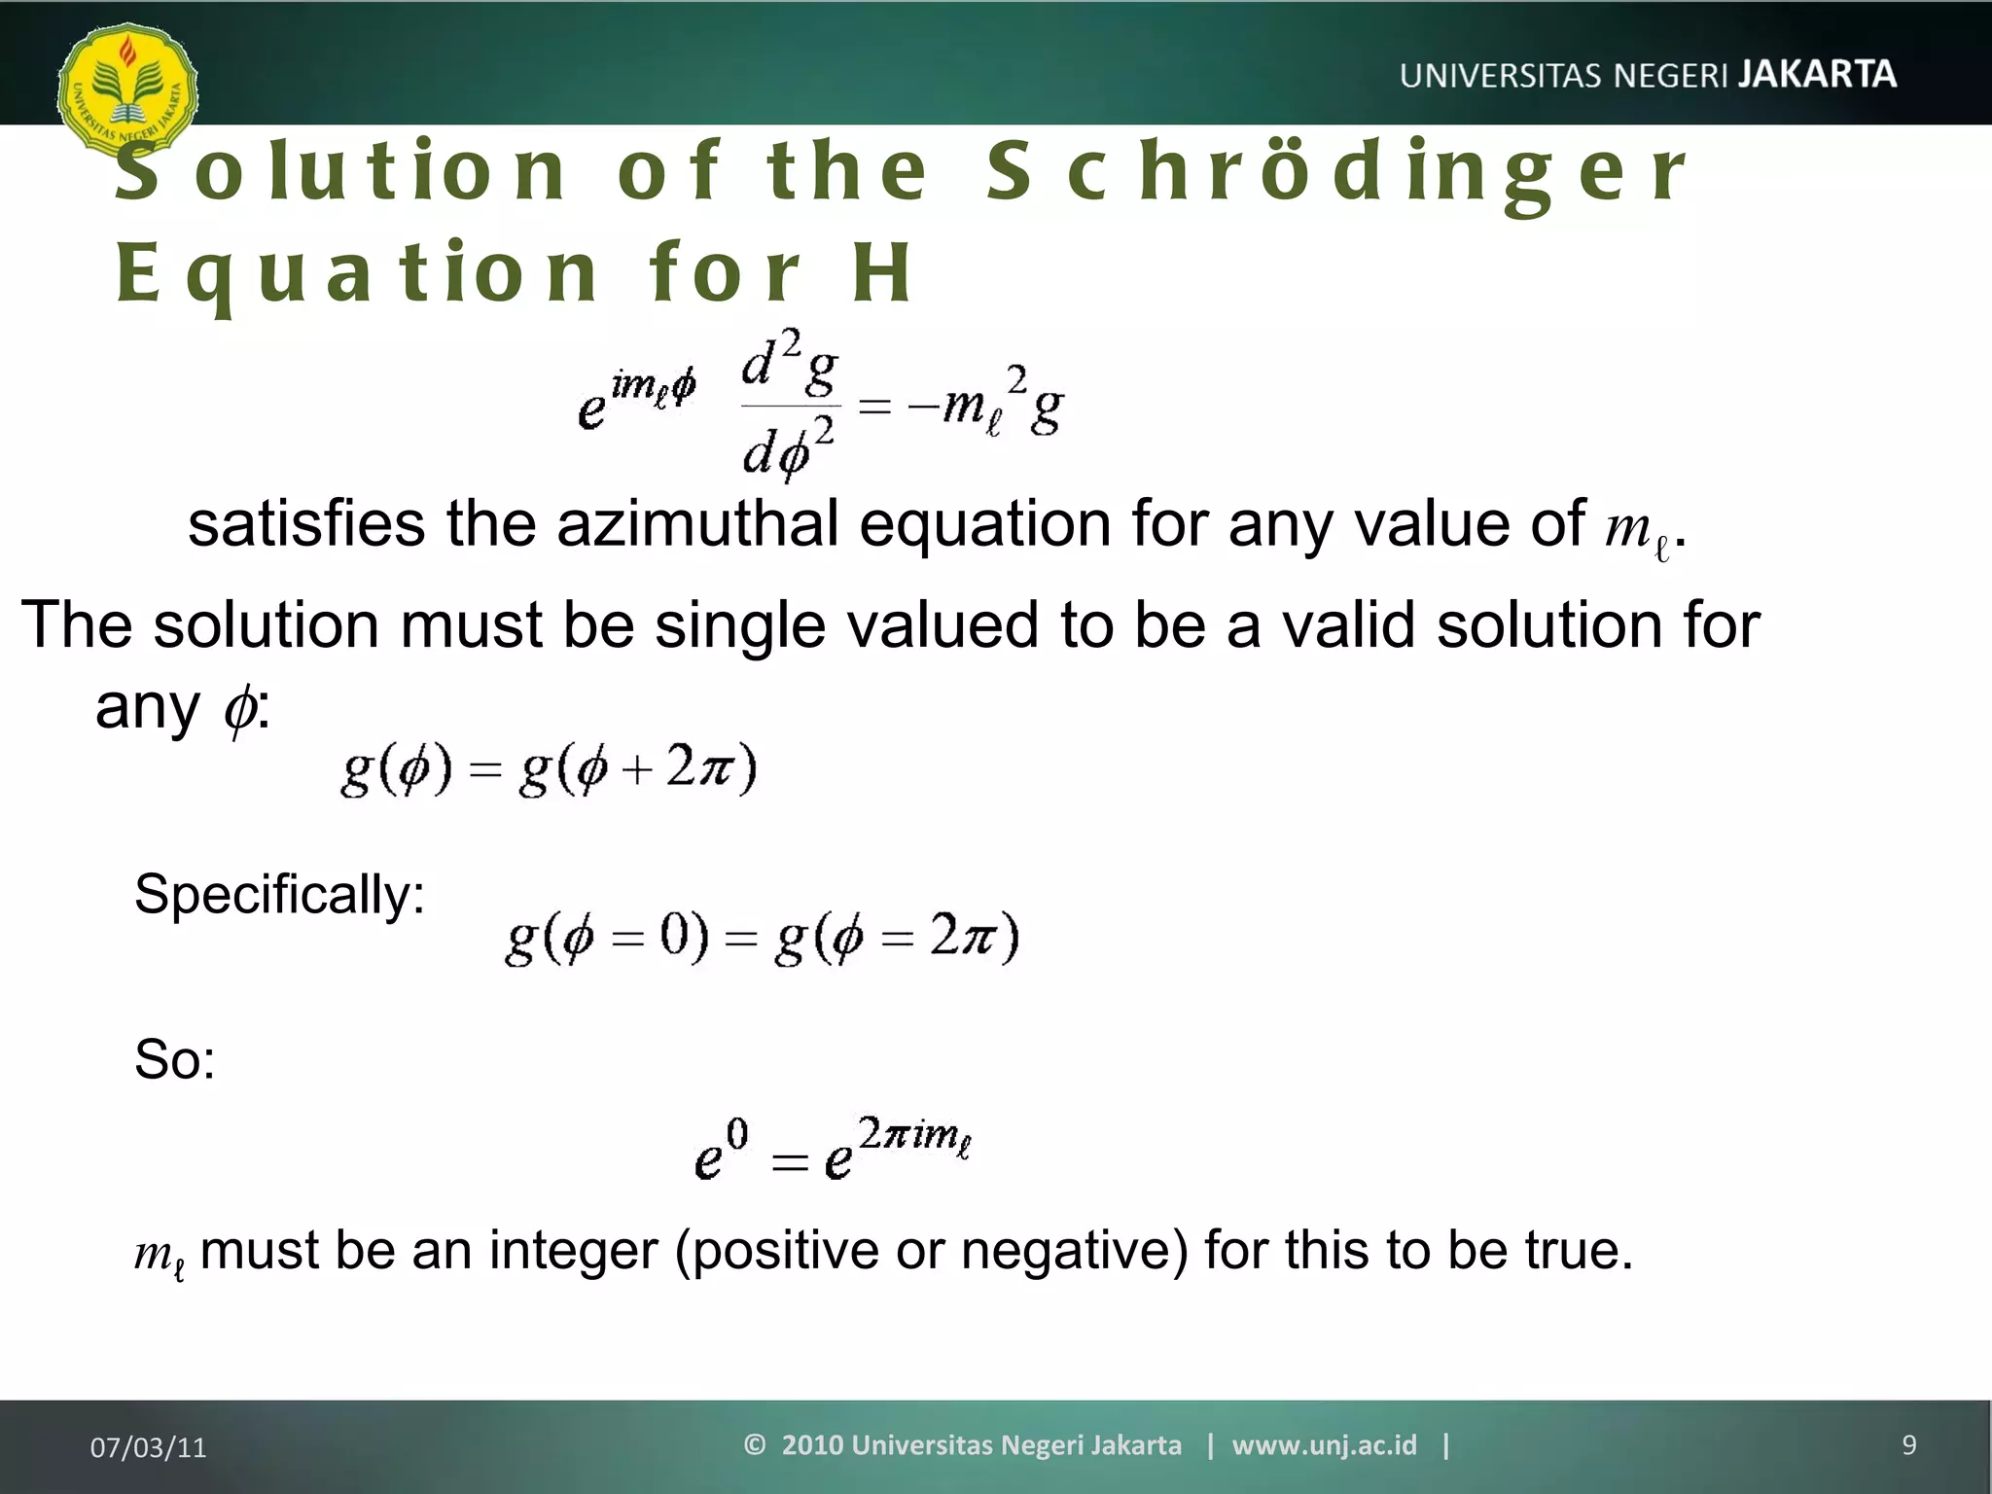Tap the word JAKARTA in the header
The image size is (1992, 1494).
point(1817,74)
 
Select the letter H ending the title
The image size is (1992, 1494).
point(881,273)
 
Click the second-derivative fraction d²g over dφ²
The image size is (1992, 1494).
point(789,404)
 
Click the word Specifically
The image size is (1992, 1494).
point(279,894)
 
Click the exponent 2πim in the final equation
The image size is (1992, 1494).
point(914,1135)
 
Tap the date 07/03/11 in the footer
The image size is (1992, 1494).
point(148,1447)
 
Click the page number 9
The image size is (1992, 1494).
point(1908,1445)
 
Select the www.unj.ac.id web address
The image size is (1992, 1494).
point(1324,1445)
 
